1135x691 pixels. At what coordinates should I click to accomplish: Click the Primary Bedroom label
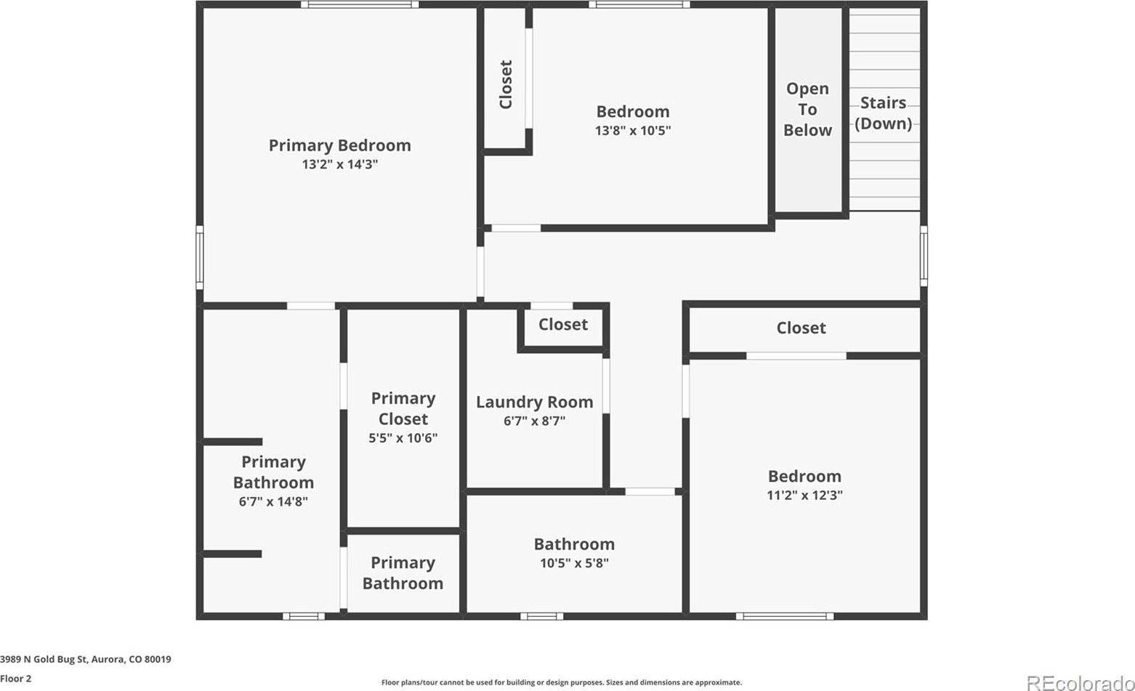click(x=339, y=145)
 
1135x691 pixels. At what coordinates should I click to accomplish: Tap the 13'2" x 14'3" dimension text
click(x=339, y=165)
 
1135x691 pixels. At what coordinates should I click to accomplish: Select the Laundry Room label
click(x=534, y=402)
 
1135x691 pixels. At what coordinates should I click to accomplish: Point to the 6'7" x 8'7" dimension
click(x=534, y=421)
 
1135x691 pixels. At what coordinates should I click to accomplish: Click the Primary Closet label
click(x=403, y=408)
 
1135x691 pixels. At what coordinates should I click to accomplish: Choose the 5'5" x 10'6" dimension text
click(x=403, y=438)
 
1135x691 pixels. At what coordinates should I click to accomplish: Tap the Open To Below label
click(x=807, y=109)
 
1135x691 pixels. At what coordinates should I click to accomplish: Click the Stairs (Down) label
click(x=883, y=113)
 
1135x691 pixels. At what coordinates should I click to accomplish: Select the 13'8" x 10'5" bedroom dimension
click(x=632, y=131)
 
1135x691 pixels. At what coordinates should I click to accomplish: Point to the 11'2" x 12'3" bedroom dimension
click(x=804, y=496)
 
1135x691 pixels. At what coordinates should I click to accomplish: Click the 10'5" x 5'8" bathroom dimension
click(x=574, y=563)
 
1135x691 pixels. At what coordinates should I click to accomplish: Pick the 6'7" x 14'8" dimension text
click(x=273, y=501)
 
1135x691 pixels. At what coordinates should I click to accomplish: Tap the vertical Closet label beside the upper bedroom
click(x=506, y=84)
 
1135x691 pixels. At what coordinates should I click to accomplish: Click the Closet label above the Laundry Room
click(x=563, y=325)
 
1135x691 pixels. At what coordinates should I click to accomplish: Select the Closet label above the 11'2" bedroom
click(x=801, y=328)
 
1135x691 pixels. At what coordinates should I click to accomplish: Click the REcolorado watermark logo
click(x=1078, y=682)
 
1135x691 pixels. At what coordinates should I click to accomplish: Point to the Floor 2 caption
click(x=16, y=679)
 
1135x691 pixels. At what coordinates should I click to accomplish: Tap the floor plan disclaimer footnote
click(x=562, y=682)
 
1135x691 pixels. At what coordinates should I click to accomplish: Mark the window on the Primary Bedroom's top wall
click(x=360, y=4)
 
